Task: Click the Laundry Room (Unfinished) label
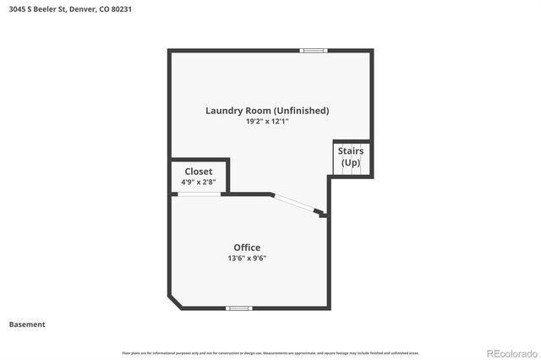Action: [267, 111]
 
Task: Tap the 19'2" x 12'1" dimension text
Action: [267, 122]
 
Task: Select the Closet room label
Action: [199, 172]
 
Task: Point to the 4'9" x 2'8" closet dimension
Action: [199, 182]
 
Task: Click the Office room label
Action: [247, 248]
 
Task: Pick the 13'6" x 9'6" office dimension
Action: [247, 259]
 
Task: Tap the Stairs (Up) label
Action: [350, 156]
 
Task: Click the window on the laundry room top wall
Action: [314, 51]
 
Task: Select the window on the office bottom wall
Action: [239, 308]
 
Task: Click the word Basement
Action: [27, 325]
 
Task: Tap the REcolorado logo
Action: [509, 352]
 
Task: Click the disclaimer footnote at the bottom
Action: [270, 352]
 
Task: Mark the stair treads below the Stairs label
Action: [351, 172]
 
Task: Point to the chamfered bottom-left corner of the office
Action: [174, 301]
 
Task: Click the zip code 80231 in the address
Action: [121, 9]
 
